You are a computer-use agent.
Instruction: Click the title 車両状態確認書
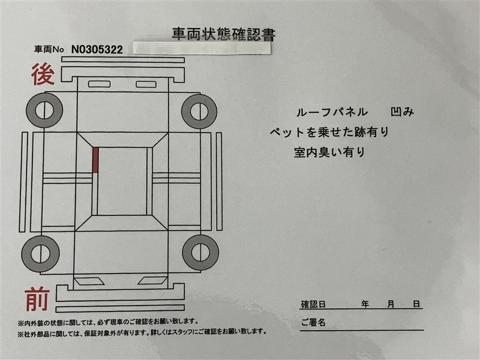[x=223, y=34]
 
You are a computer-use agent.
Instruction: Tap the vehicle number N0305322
[x=97, y=50]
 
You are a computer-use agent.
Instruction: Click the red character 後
[x=43, y=74]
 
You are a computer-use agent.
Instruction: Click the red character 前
[x=37, y=299]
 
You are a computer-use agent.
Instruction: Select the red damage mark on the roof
[x=95, y=160]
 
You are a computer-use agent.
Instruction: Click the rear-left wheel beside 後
[x=44, y=110]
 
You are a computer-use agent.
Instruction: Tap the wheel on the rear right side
[x=199, y=112]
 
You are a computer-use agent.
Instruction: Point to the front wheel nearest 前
[x=40, y=254]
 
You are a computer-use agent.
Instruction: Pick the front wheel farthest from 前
[x=200, y=253]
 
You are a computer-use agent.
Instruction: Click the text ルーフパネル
[x=332, y=112]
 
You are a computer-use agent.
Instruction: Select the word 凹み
[x=402, y=112]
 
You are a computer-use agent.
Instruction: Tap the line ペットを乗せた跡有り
[x=329, y=132]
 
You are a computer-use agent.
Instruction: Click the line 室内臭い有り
[x=329, y=152]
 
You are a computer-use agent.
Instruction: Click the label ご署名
[x=313, y=322]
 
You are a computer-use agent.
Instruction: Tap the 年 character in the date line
[x=365, y=304]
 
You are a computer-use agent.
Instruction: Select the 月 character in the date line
[x=391, y=304]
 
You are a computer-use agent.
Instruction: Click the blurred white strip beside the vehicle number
[x=202, y=49]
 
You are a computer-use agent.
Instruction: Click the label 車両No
[x=49, y=49]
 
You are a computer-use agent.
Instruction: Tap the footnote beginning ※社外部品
[x=142, y=332]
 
